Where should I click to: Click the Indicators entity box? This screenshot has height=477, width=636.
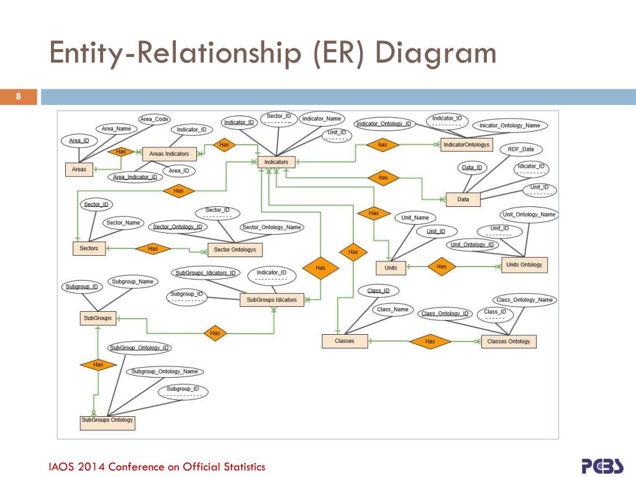276,162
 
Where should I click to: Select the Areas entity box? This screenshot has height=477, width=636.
79,169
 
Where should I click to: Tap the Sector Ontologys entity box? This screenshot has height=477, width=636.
235,250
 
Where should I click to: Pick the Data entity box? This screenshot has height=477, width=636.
463,199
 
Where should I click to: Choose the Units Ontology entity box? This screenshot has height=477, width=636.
524,265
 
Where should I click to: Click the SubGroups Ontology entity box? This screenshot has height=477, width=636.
107,421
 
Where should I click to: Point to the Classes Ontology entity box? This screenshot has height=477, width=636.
509,342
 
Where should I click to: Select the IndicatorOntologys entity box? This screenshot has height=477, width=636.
466,145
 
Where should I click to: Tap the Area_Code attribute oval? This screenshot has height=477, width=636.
155,119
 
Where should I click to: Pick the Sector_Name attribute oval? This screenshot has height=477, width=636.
123,222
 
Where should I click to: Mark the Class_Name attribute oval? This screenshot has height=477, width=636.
393,309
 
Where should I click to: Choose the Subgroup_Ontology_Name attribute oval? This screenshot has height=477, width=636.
165,371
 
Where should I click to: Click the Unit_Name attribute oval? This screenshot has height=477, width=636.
415,218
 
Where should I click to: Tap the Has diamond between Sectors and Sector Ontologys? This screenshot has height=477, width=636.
153,249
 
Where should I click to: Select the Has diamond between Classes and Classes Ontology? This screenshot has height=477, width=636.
430,341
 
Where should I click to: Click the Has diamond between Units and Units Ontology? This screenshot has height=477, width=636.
442,266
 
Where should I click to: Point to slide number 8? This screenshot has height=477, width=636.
19,96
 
